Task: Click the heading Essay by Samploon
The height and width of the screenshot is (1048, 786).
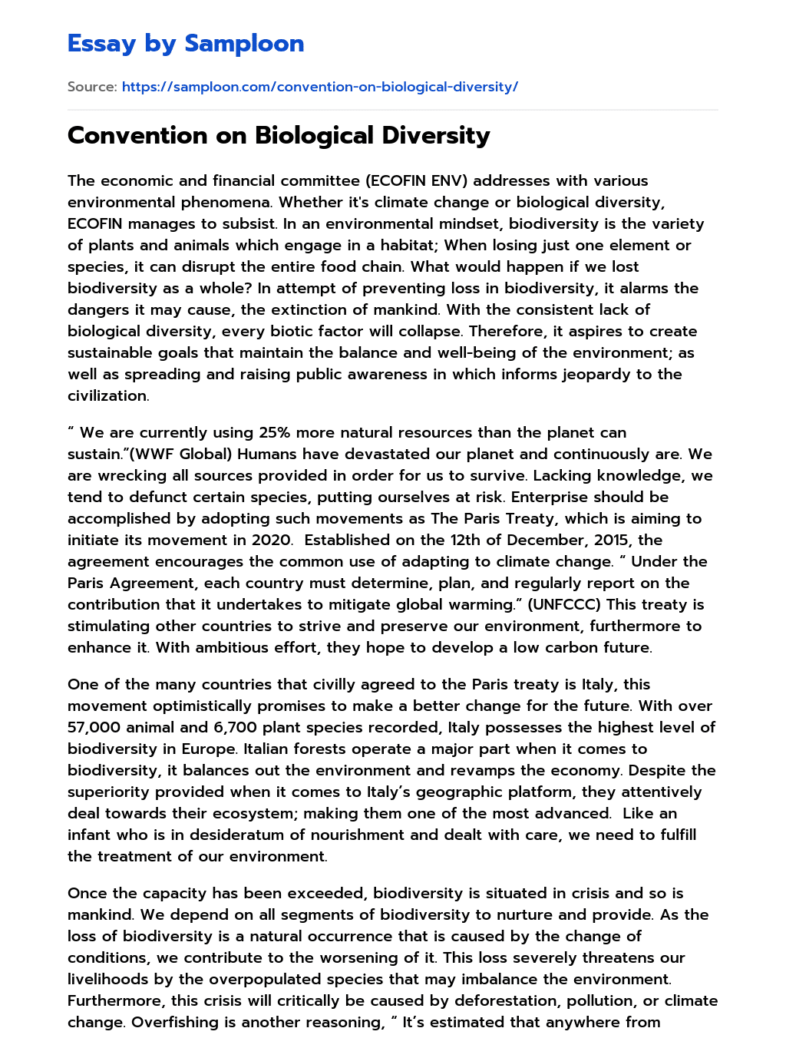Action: (x=186, y=44)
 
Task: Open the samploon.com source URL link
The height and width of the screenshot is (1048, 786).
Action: (x=319, y=87)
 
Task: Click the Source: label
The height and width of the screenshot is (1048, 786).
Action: (x=92, y=87)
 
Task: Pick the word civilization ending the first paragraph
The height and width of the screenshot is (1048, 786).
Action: (x=107, y=395)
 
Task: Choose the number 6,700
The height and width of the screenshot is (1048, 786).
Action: (x=236, y=727)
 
